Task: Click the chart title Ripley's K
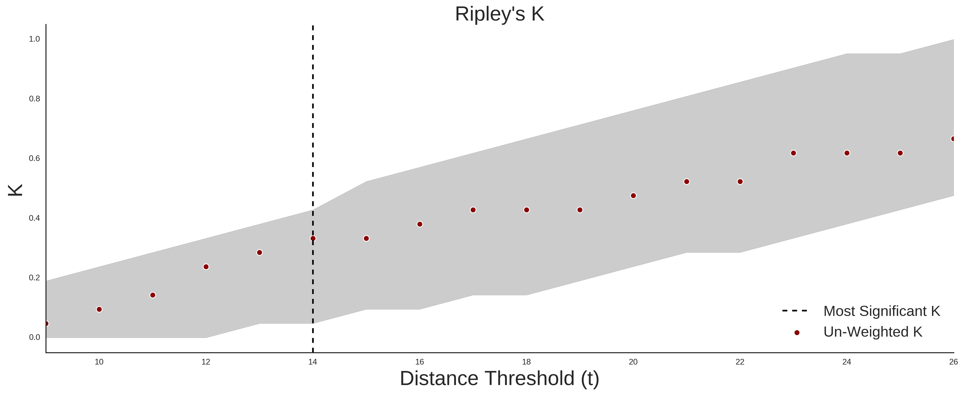pyautogui.click(x=500, y=14)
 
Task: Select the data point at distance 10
pyautogui.click(x=99, y=309)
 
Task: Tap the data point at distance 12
pyautogui.click(x=206, y=267)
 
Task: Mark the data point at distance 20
pyautogui.click(x=633, y=195)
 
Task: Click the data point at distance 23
pyautogui.click(x=793, y=153)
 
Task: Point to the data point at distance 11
pyautogui.click(x=153, y=295)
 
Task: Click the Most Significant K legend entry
pyautogui.click(x=861, y=311)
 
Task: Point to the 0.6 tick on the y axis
pyautogui.click(x=34, y=158)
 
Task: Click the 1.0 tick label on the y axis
pyautogui.click(x=34, y=39)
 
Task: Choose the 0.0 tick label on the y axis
pyautogui.click(x=34, y=337)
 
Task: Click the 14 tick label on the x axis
pyautogui.click(x=313, y=362)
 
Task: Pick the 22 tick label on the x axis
pyautogui.click(x=740, y=362)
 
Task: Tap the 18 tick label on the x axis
pyautogui.click(x=526, y=362)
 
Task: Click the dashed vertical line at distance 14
pyautogui.click(x=313, y=189)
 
